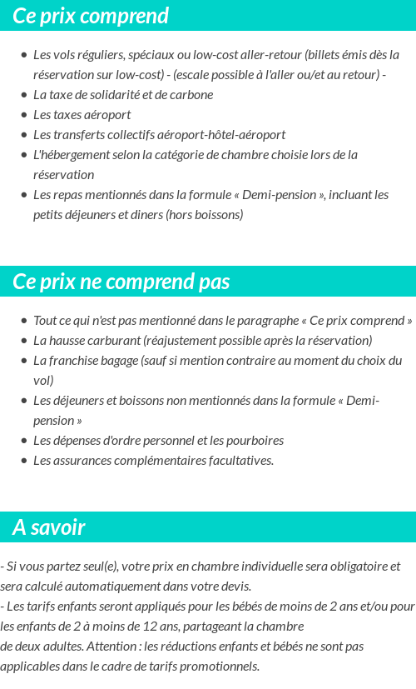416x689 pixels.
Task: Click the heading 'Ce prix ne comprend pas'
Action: pos(121,282)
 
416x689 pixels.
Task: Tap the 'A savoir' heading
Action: pos(49,527)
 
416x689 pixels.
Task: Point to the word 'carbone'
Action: pos(191,95)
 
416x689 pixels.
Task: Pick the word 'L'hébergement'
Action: pos(70,155)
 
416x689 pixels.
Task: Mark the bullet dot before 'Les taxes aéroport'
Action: pos(23,115)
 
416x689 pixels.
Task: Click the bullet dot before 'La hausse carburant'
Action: pos(23,341)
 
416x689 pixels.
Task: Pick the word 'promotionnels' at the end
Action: pos(220,666)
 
